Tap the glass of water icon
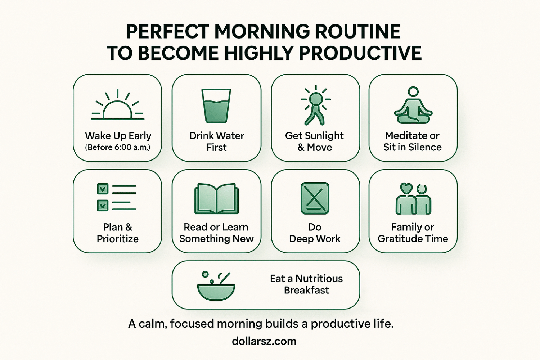[x=216, y=106]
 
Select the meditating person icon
[x=413, y=106]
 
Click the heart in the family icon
[x=406, y=188]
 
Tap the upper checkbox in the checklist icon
[x=103, y=189]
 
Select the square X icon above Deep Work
[x=315, y=198]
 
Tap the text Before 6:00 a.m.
[x=118, y=147]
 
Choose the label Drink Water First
[x=217, y=141]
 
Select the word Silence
[x=425, y=147]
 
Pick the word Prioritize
[x=118, y=239]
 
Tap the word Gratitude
[x=400, y=239]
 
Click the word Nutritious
[x=319, y=279]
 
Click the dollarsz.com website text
[x=264, y=341]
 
